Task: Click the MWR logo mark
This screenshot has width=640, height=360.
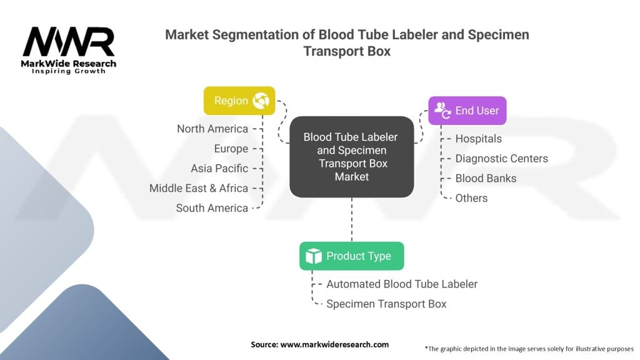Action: pyautogui.click(x=69, y=42)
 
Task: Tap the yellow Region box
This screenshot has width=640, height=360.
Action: pyautogui.click(x=239, y=101)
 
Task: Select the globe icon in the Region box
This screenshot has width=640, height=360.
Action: pyautogui.click(x=261, y=101)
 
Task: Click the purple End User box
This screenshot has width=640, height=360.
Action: pyautogui.click(x=467, y=111)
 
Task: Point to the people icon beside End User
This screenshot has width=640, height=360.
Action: pyautogui.click(x=442, y=110)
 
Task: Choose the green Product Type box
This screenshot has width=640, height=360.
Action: pyautogui.click(x=351, y=256)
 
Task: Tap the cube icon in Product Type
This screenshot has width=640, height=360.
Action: pyautogui.click(x=314, y=256)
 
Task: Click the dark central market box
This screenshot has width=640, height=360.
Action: pyautogui.click(x=351, y=157)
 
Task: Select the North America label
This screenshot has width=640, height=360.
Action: pyautogui.click(x=212, y=129)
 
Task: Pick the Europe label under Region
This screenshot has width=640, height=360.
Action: pyautogui.click(x=231, y=149)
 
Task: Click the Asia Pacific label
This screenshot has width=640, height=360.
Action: pyautogui.click(x=219, y=168)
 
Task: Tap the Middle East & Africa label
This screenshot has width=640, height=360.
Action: pyautogui.click(x=199, y=188)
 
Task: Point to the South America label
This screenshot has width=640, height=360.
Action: pyautogui.click(x=212, y=208)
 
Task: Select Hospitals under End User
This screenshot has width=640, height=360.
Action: pyautogui.click(x=478, y=139)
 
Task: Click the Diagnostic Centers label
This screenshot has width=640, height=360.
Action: pyautogui.click(x=502, y=158)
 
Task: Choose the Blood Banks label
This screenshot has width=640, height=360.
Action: pyautogui.click(x=486, y=178)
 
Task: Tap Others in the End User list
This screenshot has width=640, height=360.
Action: pyautogui.click(x=471, y=198)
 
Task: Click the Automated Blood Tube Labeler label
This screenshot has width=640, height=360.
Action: pyautogui.click(x=402, y=284)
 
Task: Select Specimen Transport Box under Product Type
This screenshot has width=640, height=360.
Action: pyautogui.click(x=386, y=304)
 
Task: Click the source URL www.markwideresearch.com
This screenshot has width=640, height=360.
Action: pyautogui.click(x=334, y=344)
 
